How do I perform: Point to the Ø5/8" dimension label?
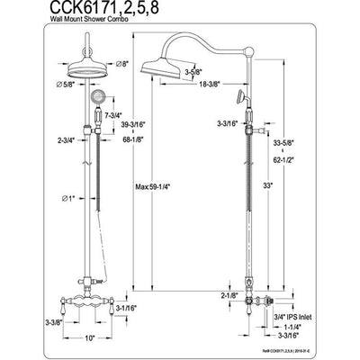coord(33,87)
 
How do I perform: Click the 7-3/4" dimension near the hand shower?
coord(114,117)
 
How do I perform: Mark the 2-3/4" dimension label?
coord(40,139)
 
